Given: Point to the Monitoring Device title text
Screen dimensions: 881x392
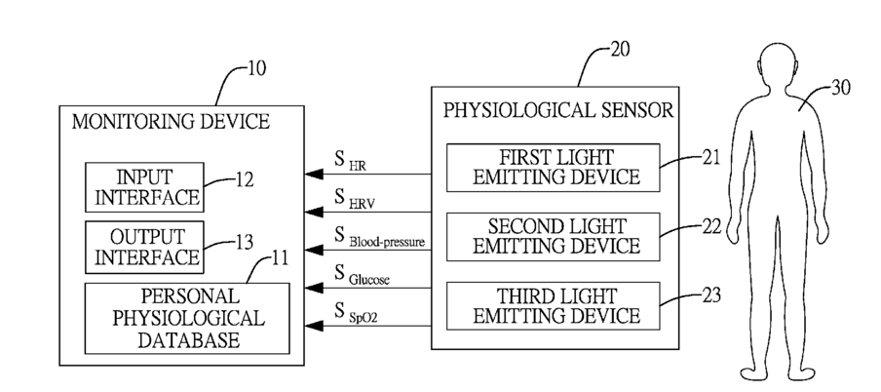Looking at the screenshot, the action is point(171,122).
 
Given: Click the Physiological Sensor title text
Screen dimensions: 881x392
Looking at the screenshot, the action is point(557,109).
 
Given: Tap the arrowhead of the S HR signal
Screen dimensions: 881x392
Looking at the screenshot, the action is point(314,175).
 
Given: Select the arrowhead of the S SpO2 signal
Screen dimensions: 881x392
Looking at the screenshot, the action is point(314,326).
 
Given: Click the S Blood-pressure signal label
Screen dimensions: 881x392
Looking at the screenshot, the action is point(379,237).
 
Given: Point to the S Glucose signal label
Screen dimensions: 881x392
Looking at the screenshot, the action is point(362,275).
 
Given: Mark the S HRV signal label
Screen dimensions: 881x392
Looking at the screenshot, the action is point(355,199).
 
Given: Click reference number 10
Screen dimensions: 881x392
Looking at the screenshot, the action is point(255,68).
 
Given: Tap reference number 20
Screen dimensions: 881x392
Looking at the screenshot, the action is point(619,50).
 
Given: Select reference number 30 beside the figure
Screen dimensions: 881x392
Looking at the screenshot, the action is point(840,88).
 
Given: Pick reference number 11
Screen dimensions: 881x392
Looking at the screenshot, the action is point(280,258).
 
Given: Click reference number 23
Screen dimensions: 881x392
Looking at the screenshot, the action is point(711,294).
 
